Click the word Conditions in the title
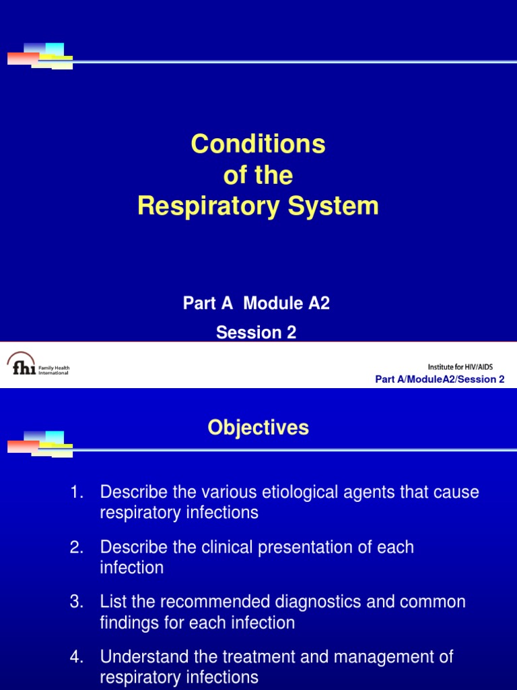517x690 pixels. coord(258,144)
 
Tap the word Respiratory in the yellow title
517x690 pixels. coord(202,207)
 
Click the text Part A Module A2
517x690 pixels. coord(256,303)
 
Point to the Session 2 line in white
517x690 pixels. coord(256,333)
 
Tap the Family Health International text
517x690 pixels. coord(54,370)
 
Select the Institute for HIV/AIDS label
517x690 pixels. coord(465,367)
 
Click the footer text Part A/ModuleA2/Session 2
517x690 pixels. coord(440,379)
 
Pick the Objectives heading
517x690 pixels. coord(258,427)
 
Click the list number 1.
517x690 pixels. coord(76,492)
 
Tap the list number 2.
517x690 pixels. coord(76,547)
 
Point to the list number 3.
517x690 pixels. coord(76,602)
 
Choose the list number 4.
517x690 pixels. coord(76,656)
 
